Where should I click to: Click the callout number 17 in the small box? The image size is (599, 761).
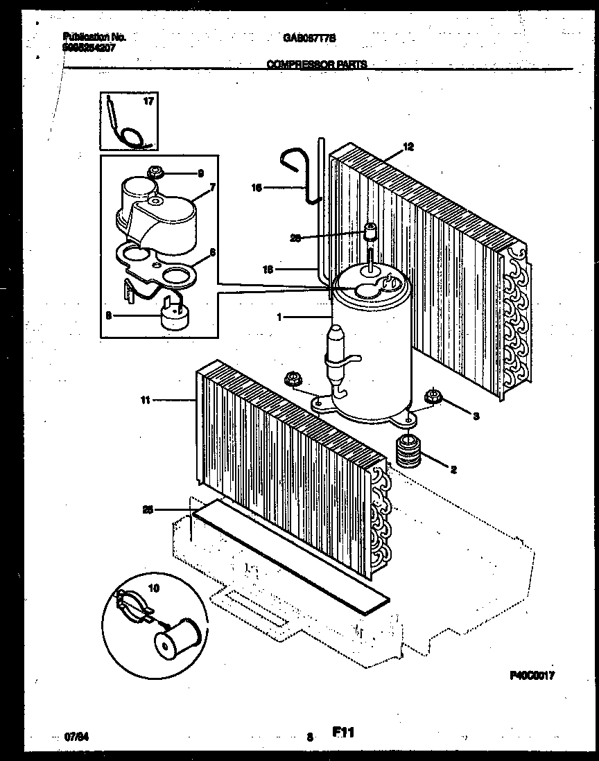click(148, 101)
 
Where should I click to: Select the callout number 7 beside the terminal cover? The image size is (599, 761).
click(213, 187)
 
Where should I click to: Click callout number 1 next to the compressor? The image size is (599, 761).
click(279, 317)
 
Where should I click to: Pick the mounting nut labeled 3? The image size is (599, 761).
click(433, 397)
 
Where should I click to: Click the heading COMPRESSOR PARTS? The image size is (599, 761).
click(317, 64)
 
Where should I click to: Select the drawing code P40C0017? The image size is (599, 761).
click(532, 674)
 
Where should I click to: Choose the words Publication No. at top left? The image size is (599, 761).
click(94, 37)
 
